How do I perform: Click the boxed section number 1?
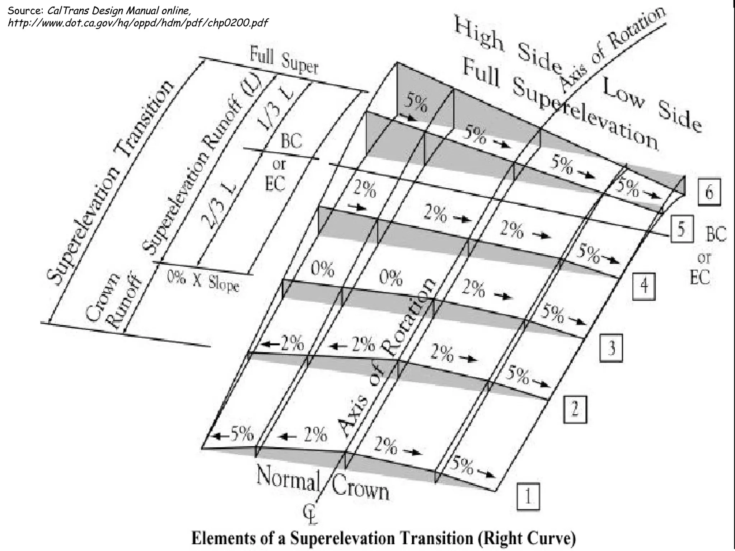pyautogui.click(x=528, y=497)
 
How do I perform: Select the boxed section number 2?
pyautogui.click(x=575, y=409)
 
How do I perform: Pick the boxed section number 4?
pyautogui.click(x=644, y=286)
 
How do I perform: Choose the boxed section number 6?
pyautogui.click(x=709, y=193)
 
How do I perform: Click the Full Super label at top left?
pyautogui.click(x=284, y=62)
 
